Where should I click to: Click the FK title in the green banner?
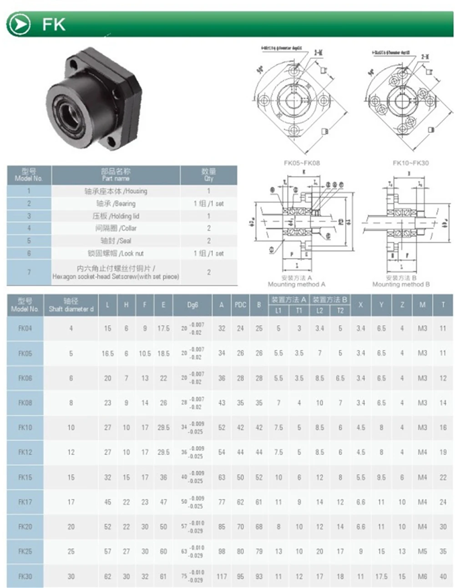[54, 24]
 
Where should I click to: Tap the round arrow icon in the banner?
[19, 24]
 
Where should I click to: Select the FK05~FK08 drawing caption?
[301, 163]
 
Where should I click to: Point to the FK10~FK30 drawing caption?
[410, 163]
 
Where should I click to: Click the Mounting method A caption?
[297, 281]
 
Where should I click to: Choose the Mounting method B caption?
[401, 281]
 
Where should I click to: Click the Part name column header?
[116, 175]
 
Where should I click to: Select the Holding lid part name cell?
[116, 216]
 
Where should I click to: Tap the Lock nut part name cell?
[116, 253]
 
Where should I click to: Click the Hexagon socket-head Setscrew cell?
[116, 272]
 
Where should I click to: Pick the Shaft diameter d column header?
[71, 305]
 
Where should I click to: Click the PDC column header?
[240, 305]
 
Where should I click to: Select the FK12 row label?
[25, 452]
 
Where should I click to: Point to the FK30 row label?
[25, 576]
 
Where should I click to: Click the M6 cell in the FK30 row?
[422, 576]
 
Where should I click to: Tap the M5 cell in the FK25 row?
[422, 551]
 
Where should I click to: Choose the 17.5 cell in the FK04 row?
[163, 329]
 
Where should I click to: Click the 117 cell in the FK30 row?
[222, 576]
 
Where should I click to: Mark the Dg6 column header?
[192, 305]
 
